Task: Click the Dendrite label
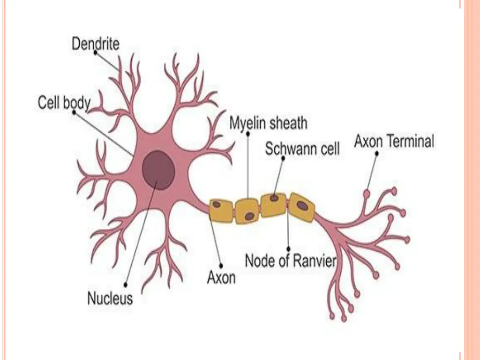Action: point(96,44)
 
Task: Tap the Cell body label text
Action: point(64,103)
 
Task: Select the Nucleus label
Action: point(110,298)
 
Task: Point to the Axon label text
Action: point(221,277)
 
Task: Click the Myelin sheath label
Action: point(268,123)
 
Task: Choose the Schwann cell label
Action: point(302,149)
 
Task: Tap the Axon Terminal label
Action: point(394,141)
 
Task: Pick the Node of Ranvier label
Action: point(291,260)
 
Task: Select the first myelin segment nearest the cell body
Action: point(222,210)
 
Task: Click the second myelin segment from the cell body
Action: point(247,211)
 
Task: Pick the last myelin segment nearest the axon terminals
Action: point(301,207)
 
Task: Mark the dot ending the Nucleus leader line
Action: point(126,283)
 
